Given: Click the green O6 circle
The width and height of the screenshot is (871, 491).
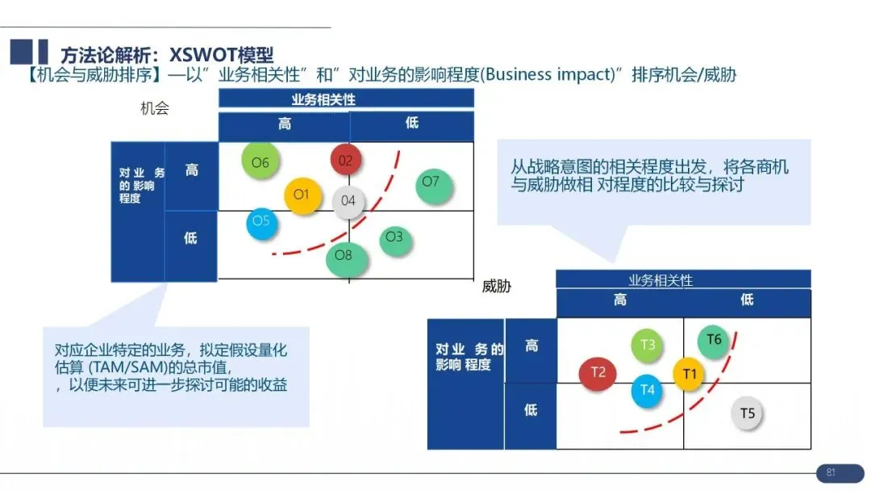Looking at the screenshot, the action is coord(260,162).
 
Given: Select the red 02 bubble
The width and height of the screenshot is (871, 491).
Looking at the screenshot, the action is coord(346,160).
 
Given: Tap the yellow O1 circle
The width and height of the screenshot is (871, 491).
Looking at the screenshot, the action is coord(302,195).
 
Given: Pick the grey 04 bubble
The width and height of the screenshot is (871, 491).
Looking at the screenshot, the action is coord(348,200).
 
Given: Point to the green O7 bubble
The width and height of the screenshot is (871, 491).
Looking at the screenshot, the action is coord(431,183).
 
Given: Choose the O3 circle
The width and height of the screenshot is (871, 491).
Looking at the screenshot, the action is coord(394,237).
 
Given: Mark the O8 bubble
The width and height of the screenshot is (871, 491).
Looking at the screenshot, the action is coord(344,256).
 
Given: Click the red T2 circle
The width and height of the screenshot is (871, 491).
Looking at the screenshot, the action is coord(598,372).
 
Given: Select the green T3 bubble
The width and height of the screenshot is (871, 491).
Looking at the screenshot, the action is coord(648,346).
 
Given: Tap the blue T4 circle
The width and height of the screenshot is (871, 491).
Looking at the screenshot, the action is coord(648,390).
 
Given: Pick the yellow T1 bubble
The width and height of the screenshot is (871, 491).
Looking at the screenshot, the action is coord(689,374).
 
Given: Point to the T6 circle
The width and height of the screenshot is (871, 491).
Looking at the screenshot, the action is coord(714,340).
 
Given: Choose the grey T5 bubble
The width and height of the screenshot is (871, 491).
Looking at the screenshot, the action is coord(748,414).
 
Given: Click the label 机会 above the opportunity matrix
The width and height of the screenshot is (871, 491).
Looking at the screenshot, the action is coord(155,109).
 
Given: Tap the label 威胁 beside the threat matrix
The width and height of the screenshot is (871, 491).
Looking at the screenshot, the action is coord(497,287).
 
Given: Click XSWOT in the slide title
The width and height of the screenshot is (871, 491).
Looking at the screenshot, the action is coord(199,54).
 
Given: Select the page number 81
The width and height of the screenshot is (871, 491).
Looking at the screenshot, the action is coord(830,472).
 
